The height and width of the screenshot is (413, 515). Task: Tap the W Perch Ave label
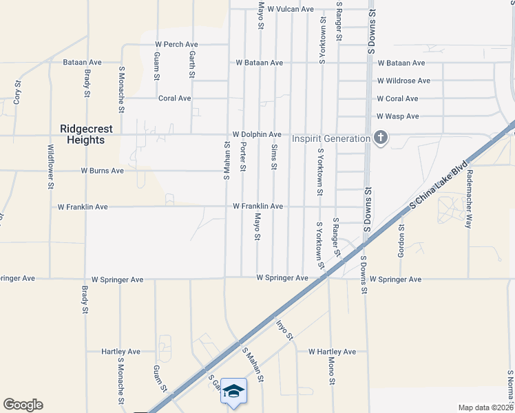[x=177, y=45]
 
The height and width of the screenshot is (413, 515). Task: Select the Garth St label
[x=192, y=65]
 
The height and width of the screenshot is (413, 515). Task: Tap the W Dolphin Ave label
[x=257, y=134]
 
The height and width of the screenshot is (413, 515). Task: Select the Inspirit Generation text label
[x=330, y=138]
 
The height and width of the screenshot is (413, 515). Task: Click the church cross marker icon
[x=380, y=138]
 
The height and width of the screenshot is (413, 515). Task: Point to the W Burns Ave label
[x=102, y=170]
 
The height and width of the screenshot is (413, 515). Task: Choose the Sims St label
[x=274, y=158]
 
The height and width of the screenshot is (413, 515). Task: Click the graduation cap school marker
[x=233, y=391]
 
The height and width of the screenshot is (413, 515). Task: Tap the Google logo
[x=23, y=405]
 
